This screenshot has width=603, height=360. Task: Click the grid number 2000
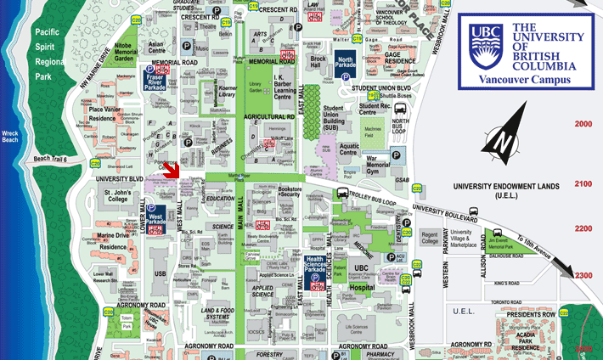pyautogui.click(x=583, y=125)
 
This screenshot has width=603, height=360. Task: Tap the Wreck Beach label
pyautogui.click(x=17, y=138)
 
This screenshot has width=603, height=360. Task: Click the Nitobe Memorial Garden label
pyautogui.click(x=123, y=53)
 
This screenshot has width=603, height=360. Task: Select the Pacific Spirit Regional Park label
pyautogui.click(x=50, y=53)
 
